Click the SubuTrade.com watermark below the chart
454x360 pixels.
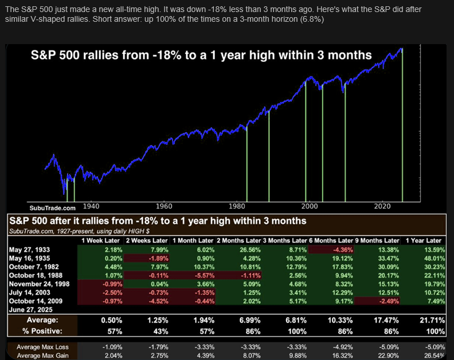52,207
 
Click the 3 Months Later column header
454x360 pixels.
285,240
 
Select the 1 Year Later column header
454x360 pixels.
423,240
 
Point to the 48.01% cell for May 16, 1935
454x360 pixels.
429,258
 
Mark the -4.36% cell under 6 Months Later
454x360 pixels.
341,250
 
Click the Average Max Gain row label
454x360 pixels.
36,355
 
